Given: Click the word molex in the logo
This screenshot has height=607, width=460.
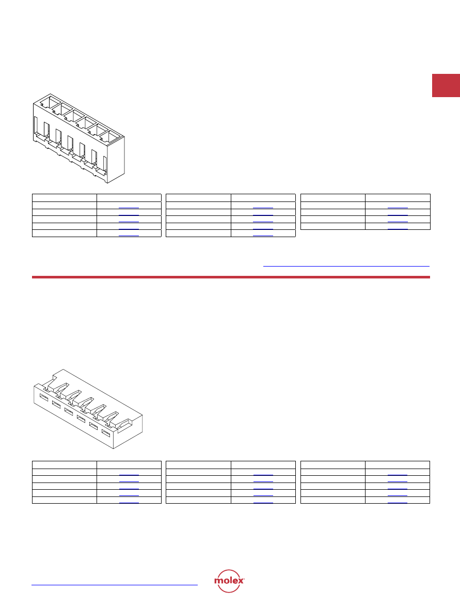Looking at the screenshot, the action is (x=229, y=581).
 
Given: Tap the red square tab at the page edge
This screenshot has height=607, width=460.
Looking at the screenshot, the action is (x=446, y=85).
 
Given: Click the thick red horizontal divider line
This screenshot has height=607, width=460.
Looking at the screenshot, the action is (x=231, y=277).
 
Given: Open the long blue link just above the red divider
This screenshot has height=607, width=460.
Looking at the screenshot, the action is (x=346, y=267).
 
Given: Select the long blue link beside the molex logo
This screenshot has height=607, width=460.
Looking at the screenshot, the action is (x=115, y=585).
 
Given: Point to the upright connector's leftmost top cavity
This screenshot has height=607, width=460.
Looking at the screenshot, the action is (x=49, y=103).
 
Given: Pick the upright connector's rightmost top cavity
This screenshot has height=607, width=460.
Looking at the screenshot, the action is (x=110, y=137).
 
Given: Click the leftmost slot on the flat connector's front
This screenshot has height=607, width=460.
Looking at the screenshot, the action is (x=43, y=398).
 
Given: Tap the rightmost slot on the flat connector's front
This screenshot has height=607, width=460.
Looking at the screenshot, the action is (x=106, y=432).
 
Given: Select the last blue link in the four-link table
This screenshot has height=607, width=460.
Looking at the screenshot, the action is (x=398, y=229).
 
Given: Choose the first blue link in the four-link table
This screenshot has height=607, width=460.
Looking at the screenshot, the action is (x=398, y=208).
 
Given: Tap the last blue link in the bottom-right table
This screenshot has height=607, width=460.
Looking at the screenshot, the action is (x=398, y=503).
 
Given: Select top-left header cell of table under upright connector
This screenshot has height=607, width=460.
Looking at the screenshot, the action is (x=64, y=198).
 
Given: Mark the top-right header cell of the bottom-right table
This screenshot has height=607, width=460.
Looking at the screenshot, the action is (x=398, y=465).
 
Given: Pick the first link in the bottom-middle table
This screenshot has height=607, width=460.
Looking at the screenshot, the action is (x=263, y=475).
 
